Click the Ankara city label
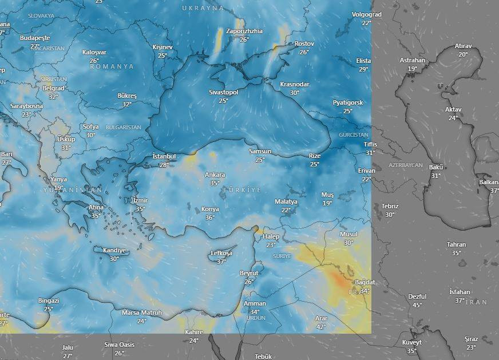[215, 175]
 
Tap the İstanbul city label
[164, 157]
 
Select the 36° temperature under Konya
[210, 217]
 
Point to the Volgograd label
[366, 14]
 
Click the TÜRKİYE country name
[241, 189]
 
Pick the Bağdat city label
[365, 283]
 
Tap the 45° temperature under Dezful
[417, 305]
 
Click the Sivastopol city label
[223, 92]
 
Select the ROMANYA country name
[112, 66]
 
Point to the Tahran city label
[456, 245]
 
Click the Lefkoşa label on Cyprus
[221, 253]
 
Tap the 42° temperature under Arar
[321, 327]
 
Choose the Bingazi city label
[49, 300]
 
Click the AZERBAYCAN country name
[405, 165]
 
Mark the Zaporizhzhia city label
[244, 31]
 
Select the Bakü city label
[436, 167]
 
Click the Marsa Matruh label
[141, 313]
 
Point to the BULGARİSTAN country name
[124, 127]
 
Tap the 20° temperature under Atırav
[463, 54]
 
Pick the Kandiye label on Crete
[114, 250]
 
